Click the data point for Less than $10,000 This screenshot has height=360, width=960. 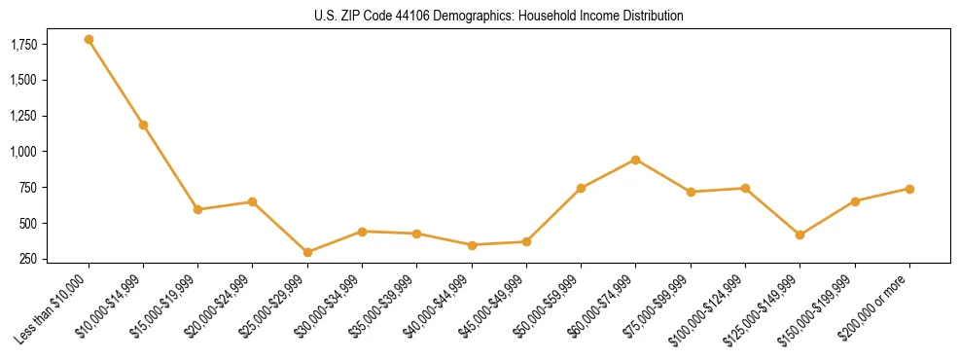pos(89,40)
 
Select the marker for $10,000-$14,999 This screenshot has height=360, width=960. pos(143,125)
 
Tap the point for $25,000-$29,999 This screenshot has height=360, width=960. pos(307,252)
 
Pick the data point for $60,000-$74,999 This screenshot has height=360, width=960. pos(635,160)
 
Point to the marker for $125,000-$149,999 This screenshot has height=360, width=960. pos(800,234)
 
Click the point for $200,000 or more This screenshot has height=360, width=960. pos(909,189)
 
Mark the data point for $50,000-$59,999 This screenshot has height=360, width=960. pos(581,188)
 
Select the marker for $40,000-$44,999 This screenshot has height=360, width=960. pos(472,245)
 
